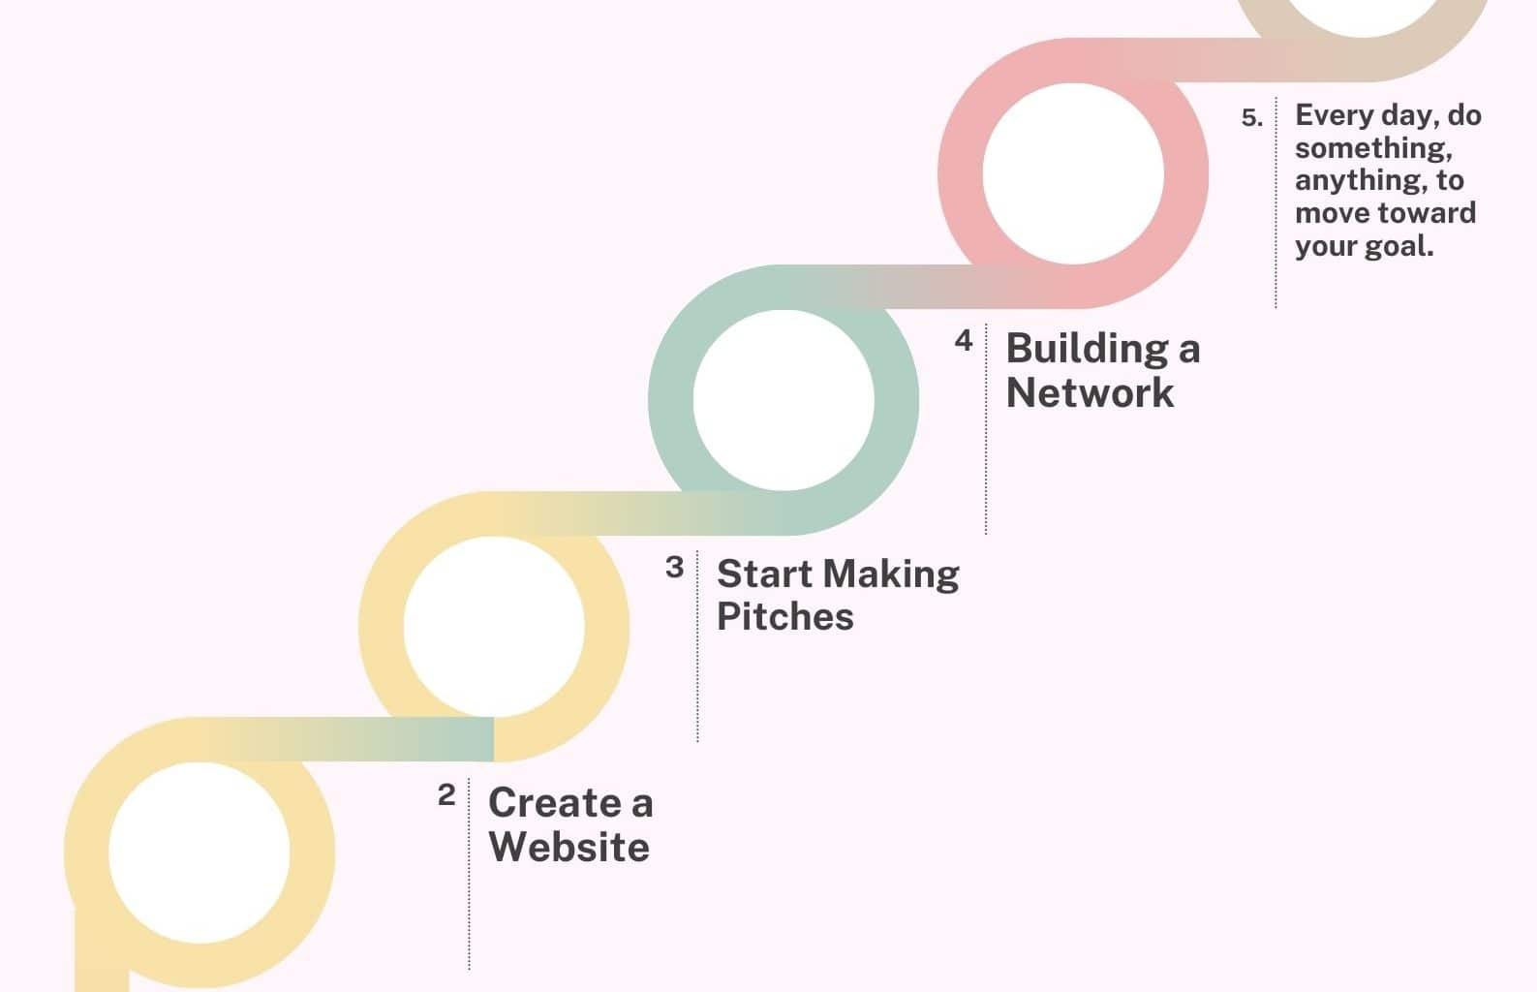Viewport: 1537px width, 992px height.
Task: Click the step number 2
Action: [x=446, y=795]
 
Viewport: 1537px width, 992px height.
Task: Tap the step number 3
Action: [x=675, y=567]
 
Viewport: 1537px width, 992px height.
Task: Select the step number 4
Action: [x=964, y=340]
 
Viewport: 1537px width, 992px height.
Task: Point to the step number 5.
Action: [x=1251, y=118]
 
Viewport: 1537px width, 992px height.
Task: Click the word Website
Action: [x=569, y=847]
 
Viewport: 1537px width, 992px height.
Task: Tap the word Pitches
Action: [x=784, y=616]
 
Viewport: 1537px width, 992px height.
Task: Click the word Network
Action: [x=1090, y=392]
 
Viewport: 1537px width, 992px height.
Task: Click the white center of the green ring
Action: [x=784, y=400]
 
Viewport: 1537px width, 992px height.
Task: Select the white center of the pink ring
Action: [x=1073, y=173]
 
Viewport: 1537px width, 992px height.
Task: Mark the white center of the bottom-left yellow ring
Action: [x=200, y=852]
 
